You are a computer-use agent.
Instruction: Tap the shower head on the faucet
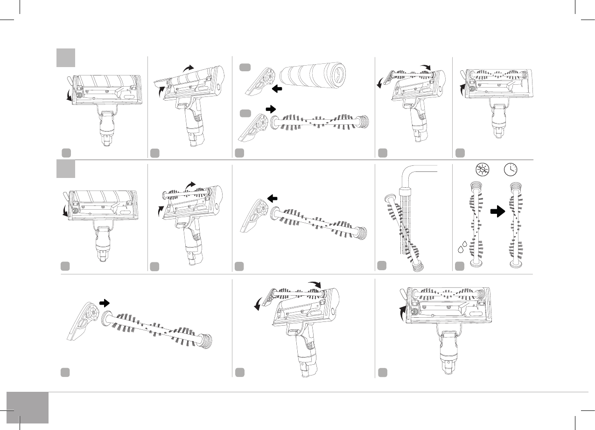405,191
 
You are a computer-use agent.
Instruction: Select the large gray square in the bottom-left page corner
28,408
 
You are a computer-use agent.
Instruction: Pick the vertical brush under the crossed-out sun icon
476,224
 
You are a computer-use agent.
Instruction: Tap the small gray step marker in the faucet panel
382,266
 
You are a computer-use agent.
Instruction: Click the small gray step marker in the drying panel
459,266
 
